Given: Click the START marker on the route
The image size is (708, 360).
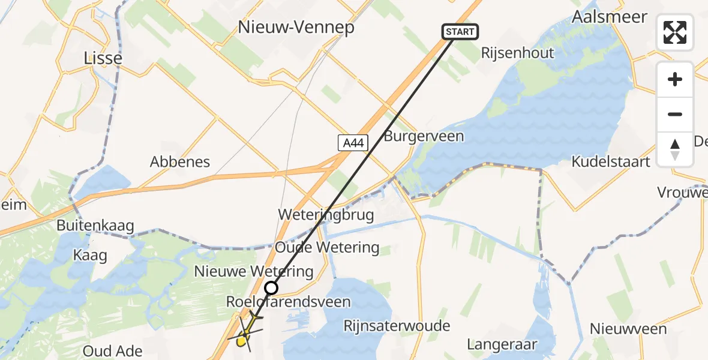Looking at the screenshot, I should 460,32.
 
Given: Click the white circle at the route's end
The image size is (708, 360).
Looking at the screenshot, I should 271,288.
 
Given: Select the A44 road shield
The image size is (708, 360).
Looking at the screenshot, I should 353,143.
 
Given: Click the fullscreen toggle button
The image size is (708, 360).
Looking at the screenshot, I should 675,32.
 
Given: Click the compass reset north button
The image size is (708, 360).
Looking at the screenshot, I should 675,149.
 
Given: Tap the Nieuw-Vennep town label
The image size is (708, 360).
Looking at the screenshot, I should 296,28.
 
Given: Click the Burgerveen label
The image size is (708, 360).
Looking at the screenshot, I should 424,136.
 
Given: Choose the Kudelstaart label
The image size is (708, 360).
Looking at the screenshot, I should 611,162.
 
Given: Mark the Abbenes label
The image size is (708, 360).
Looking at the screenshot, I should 180,162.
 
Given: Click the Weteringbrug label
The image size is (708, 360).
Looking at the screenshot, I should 326,215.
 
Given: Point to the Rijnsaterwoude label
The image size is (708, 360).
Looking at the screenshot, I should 397,326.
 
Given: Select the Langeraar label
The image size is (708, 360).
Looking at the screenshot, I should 502,345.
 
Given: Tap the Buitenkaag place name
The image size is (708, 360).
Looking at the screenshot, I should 95,226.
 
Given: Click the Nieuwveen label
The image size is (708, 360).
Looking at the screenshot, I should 628,329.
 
